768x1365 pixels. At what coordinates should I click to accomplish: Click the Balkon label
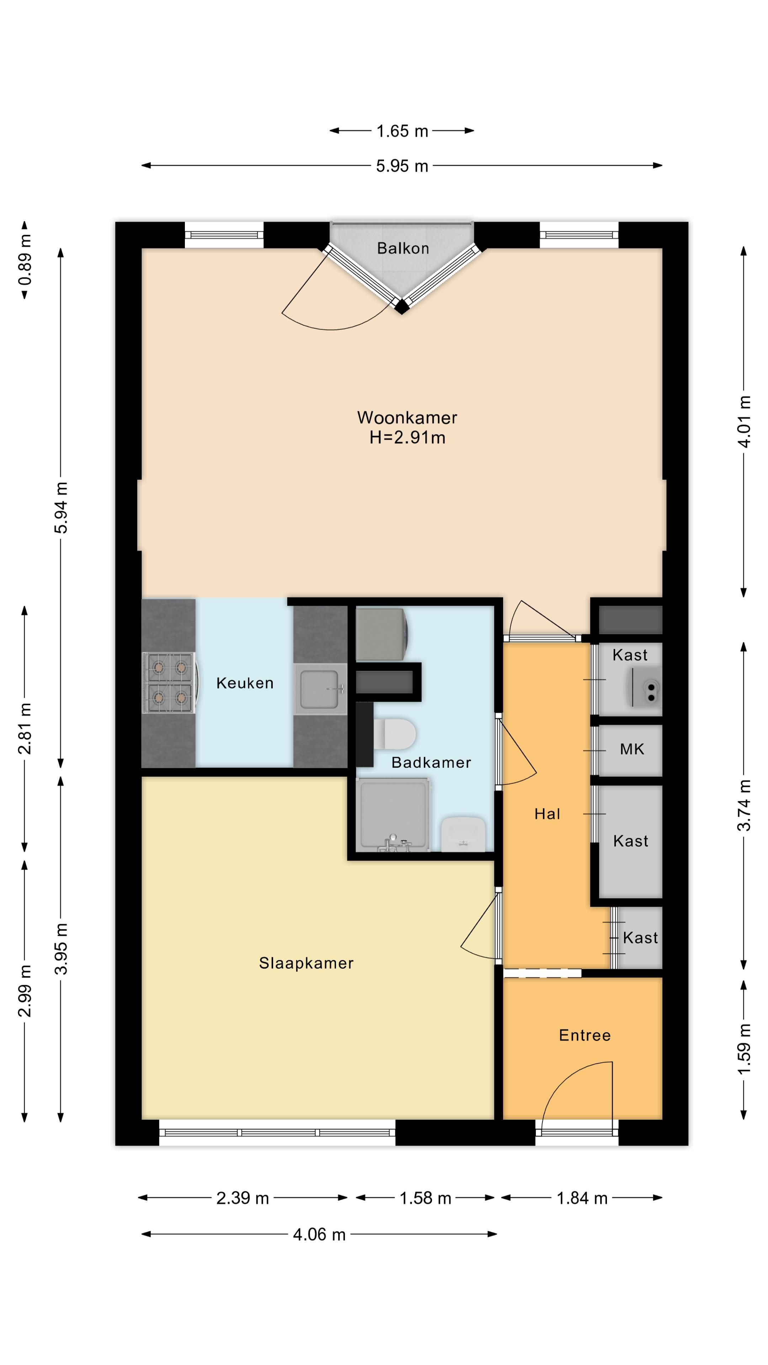click(x=403, y=248)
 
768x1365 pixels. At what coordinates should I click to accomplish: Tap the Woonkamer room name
click(x=407, y=418)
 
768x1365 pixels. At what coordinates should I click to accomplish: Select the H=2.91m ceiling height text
click(x=407, y=438)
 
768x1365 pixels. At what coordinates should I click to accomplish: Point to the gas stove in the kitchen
click(x=170, y=682)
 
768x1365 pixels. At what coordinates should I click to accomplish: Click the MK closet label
click(x=632, y=749)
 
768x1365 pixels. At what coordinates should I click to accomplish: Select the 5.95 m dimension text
click(x=402, y=166)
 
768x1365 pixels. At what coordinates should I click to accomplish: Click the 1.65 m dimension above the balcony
click(x=402, y=131)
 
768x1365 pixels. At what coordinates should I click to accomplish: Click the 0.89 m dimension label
click(x=25, y=259)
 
